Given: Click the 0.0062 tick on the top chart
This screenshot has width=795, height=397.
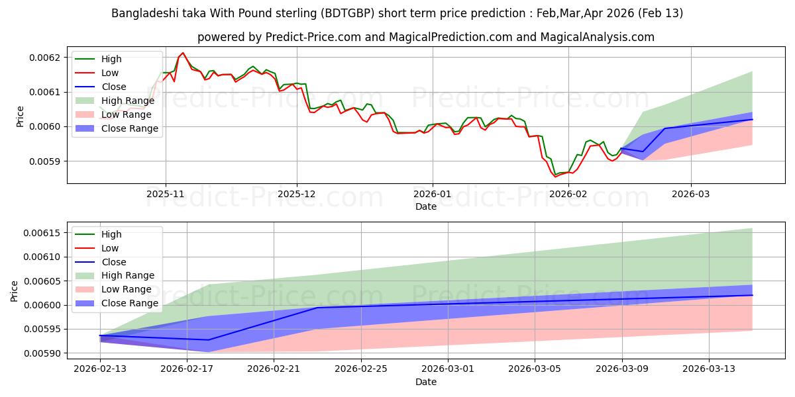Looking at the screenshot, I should point(46,58).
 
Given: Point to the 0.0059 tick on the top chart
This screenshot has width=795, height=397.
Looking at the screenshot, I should point(46,161).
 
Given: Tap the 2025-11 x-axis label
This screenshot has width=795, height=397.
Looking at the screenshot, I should point(166,195).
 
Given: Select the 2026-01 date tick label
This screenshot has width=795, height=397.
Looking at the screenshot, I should point(433,195).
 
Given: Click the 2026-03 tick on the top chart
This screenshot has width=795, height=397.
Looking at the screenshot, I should point(691,195).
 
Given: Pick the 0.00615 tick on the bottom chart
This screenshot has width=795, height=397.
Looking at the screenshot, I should point(41,233).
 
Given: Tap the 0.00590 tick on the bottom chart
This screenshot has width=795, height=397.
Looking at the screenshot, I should point(41,353).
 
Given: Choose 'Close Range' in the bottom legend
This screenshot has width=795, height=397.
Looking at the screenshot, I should point(129,303).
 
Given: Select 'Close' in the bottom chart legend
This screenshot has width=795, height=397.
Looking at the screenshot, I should point(113,262).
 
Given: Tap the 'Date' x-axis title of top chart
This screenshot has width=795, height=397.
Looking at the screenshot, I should point(425,206).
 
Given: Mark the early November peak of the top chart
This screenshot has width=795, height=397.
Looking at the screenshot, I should point(183,53).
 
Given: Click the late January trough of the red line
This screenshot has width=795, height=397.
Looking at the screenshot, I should point(555,177).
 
